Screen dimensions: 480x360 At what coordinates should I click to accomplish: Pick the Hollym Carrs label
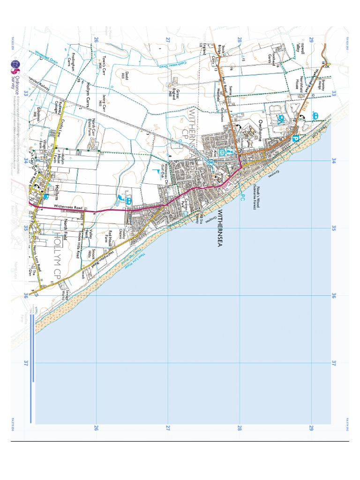[90, 94]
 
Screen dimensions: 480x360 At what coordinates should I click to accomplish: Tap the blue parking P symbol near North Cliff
[295, 139]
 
